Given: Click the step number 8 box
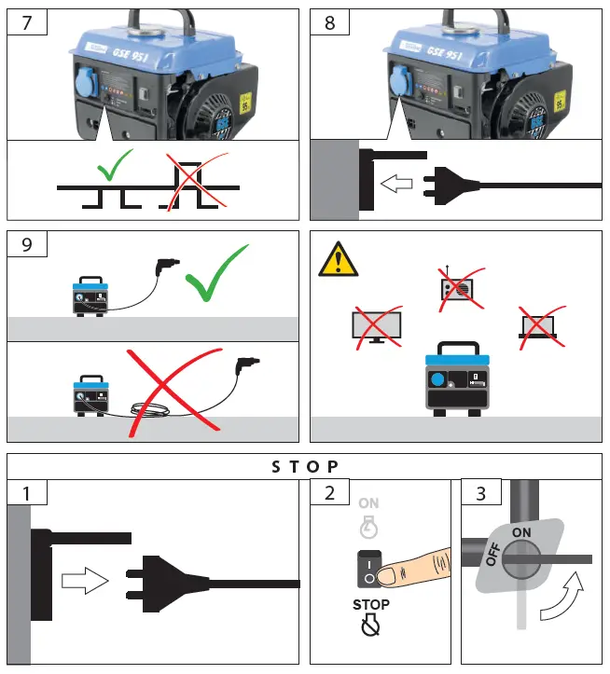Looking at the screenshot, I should (x=330, y=23).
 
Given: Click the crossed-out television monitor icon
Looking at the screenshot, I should (x=376, y=324).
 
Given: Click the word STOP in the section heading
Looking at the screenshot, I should (x=305, y=465).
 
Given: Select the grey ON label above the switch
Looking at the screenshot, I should (x=369, y=503).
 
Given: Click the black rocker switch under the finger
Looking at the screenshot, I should (x=369, y=569).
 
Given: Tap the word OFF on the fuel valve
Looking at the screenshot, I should (x=493, y=556).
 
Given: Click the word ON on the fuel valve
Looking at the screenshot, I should (x=521, y=531).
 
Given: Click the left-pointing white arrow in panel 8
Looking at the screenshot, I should (x=398, y=186).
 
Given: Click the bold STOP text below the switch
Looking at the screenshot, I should (x=371, y=604).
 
